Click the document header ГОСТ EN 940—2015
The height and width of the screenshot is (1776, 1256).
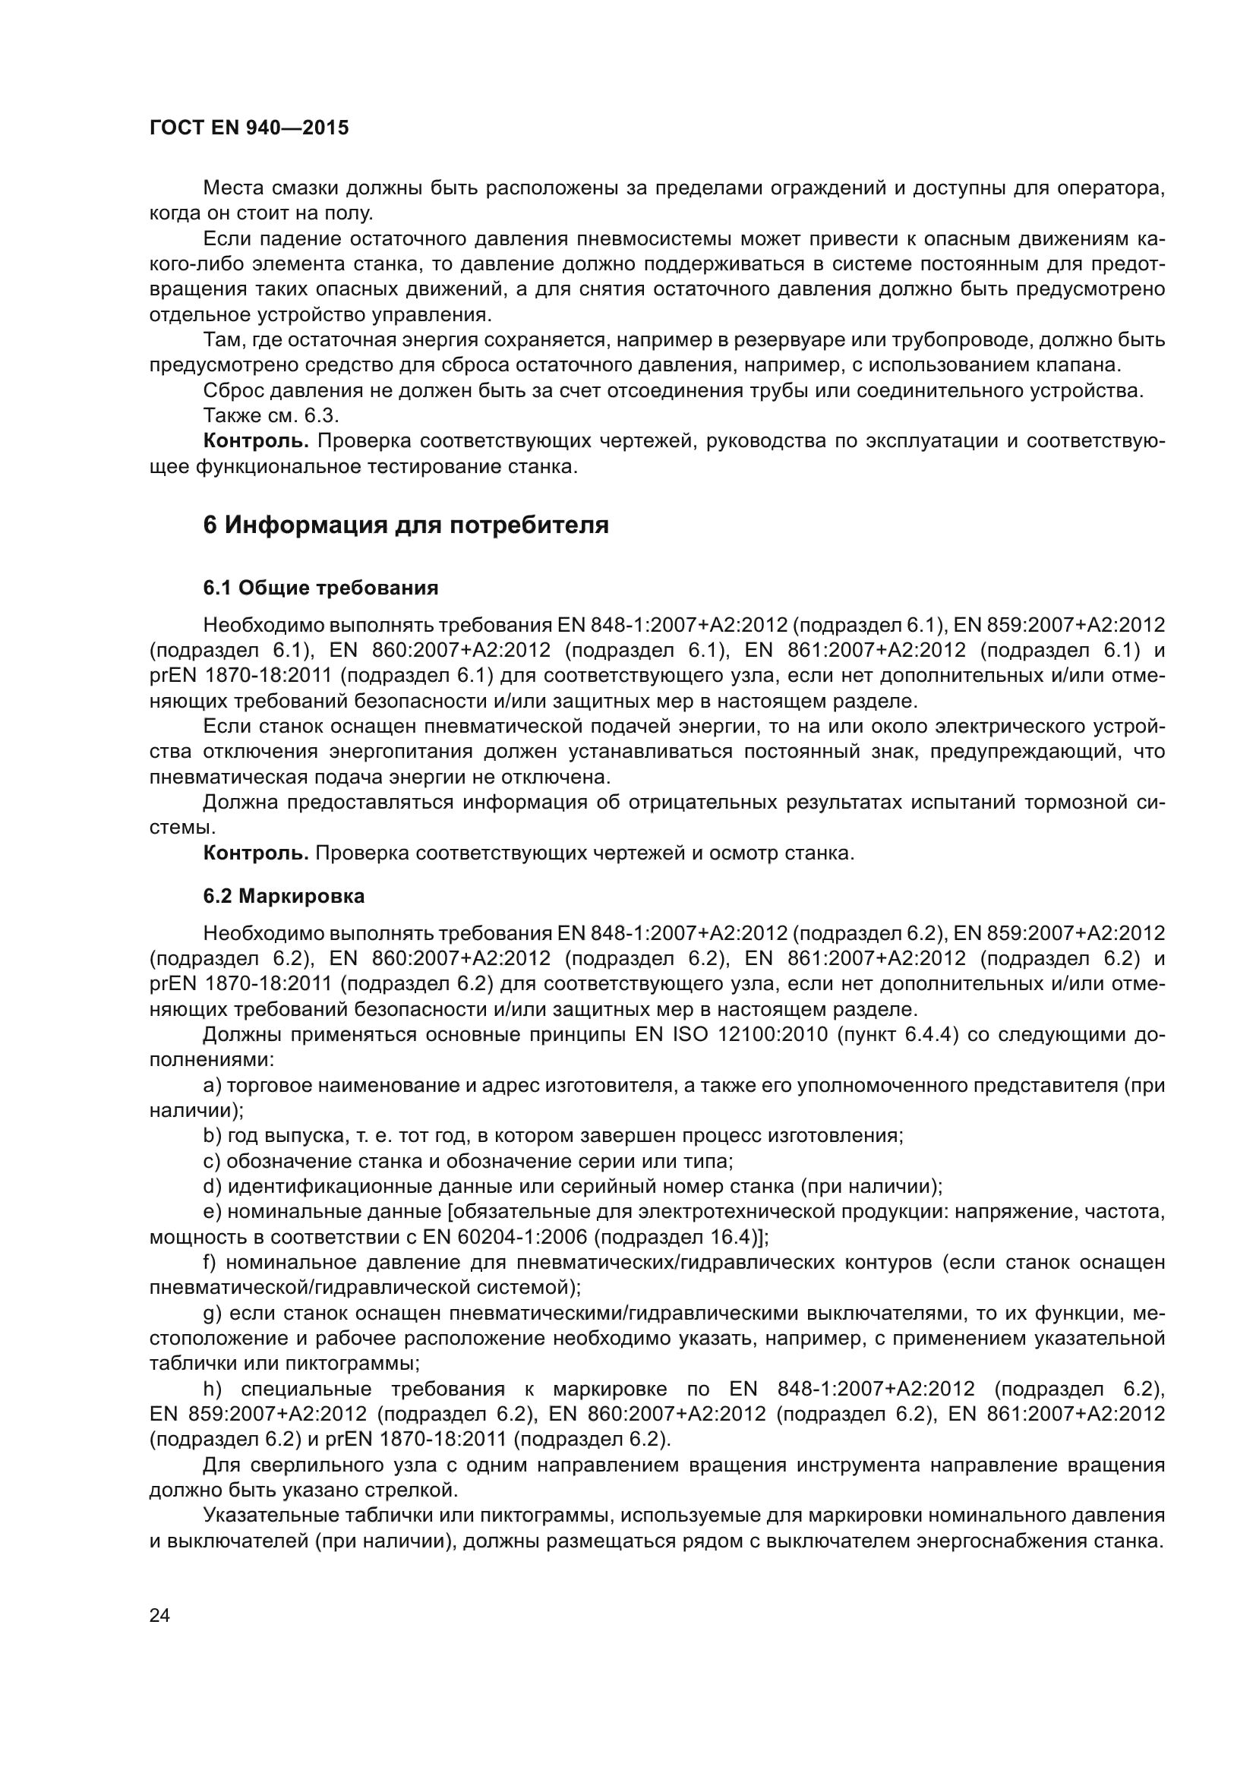point(248,128)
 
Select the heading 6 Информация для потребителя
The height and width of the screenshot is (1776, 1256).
point(406,525)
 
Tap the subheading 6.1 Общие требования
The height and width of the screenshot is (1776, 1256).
point(320,588)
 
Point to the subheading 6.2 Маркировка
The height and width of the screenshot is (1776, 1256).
point(284,897)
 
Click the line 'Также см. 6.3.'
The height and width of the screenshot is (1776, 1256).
point(270,416)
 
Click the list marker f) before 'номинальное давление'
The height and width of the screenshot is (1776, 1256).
point(210,1263)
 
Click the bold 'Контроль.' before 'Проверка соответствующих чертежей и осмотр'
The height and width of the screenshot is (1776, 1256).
point(255,853)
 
